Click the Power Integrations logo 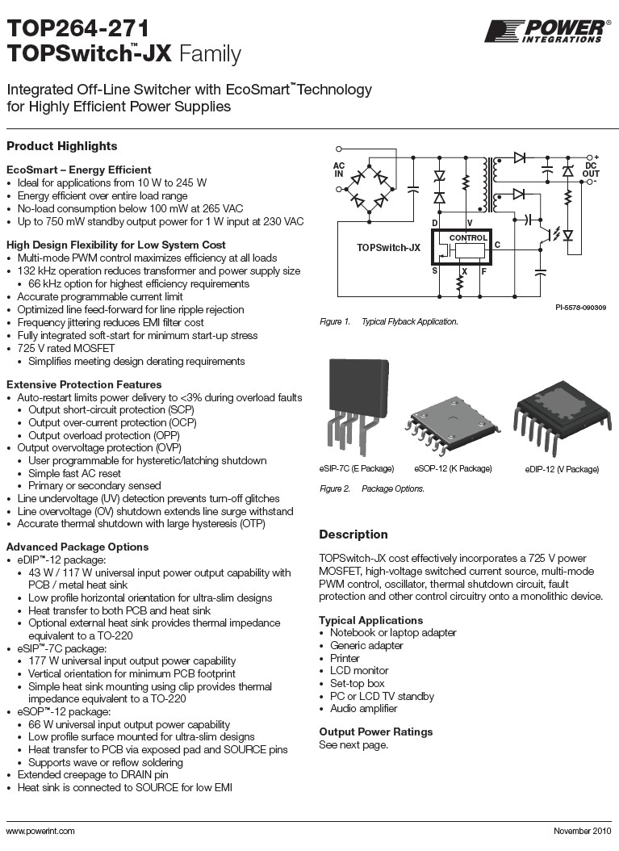(546, 31)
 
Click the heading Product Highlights (62, 146)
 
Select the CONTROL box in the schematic (468, 238)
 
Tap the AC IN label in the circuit (339, 170)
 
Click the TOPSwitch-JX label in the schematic (389, 249)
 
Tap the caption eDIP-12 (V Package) (562, 469)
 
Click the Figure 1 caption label (335, 322)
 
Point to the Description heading (353, 534)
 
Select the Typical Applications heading (370, 620)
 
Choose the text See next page (353, 744)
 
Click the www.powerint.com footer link (40, 831)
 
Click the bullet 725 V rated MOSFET (64, 348)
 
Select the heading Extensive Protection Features (84, 384)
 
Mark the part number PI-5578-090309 (581, 308)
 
